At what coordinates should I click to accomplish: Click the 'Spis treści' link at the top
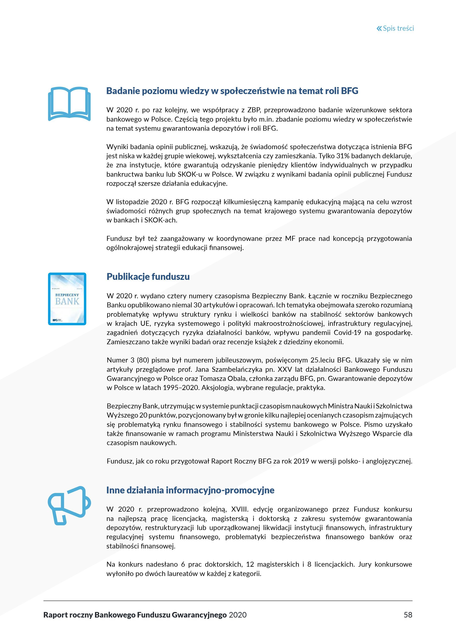click(398, 28)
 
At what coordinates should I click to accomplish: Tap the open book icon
click(69, 104)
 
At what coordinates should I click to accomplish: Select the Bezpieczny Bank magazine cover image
click(67, 299)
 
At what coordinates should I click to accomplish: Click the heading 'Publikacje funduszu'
click(148, 277)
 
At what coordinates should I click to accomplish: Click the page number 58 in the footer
click(408, 615)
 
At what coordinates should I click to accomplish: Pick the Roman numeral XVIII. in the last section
click(240, 509)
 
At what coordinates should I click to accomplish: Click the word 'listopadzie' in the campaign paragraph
click(132, 202)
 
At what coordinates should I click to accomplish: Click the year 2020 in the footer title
click(238, 615)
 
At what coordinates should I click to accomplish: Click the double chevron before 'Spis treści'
click(379, 28)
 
